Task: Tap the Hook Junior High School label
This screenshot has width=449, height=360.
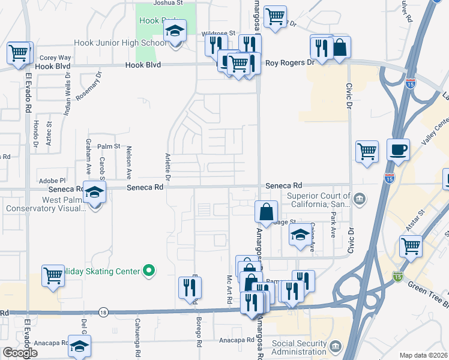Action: (120, 43)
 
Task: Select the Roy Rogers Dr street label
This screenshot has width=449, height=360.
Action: (290, 62)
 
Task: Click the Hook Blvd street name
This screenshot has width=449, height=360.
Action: (143, 65)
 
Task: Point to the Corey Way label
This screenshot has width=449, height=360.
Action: (55, 58)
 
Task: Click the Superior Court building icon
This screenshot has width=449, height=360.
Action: (359, 199)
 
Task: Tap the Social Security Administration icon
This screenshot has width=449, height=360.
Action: (335, 346)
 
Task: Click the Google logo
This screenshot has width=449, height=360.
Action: (20, 353)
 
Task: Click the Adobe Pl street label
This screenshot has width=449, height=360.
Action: (52, 180)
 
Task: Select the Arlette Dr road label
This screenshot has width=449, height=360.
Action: (167, 167)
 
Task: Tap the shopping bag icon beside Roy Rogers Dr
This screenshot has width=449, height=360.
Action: (340, 48)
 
